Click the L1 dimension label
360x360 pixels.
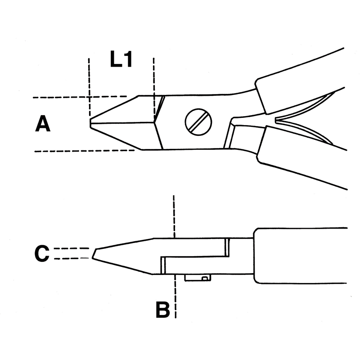click(121, 59)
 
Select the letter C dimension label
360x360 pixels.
click(42, 253)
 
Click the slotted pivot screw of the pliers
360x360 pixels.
click(198, 121)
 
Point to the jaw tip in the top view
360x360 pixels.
click(90, 123)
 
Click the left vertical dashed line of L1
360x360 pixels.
click(89, 87)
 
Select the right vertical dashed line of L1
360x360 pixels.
click(154, 87)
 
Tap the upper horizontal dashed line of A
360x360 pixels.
click(80, 97)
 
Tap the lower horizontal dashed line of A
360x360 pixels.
click(85, 151)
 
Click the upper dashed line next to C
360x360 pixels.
click(72, 248)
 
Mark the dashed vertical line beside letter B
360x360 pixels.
click(175, 296)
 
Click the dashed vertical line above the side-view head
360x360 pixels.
click(174, 216)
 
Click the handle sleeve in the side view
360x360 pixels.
click(300, 256)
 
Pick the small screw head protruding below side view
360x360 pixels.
click(198, 278)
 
